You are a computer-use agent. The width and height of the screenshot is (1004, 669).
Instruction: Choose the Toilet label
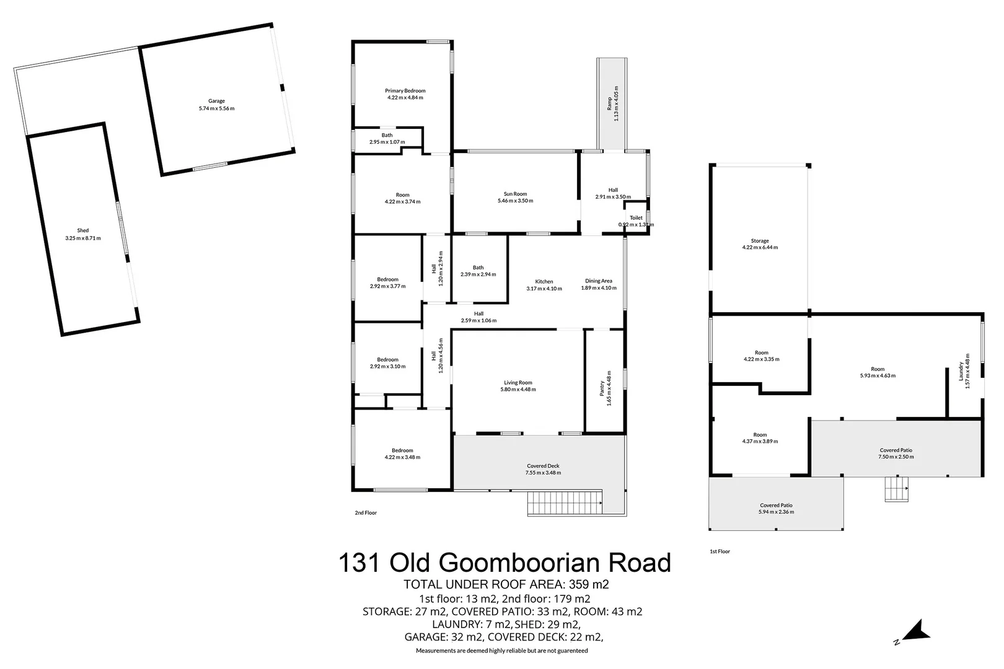[x=636, y=218]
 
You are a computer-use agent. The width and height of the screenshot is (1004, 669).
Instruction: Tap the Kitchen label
[x=544, y=282]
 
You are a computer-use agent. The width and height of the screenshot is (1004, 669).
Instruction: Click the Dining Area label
[x=598, y=281]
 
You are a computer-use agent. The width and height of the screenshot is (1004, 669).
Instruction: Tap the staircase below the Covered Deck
[x=565, y=503]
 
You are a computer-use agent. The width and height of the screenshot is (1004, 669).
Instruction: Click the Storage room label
[x=760, y=241]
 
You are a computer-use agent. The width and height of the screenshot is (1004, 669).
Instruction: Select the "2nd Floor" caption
[x=366, y=513]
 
